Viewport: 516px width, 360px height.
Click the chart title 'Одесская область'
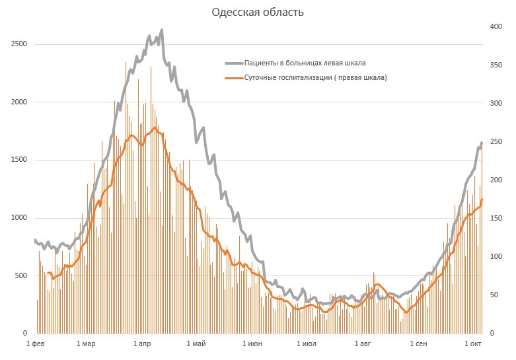click(x=258, y=13)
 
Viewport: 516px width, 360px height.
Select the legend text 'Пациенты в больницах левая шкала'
click(x=305, y=63)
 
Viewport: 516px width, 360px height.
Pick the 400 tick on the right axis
click(x=496, y=27)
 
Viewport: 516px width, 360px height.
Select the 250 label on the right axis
click(x=496, y=142)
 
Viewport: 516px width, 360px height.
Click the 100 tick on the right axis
click(x=496, y=257)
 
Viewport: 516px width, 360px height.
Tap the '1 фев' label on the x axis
click(x=34, y=344)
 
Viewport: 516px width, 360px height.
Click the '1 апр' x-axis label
click(x=144, y=344)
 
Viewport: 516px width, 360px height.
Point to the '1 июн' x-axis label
click(x=253, y=344)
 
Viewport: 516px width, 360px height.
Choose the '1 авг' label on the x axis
click(x=363, y=344)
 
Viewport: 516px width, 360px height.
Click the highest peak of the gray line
click(x=161, y=30)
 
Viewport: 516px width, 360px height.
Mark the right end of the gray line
click(x=482, y=142)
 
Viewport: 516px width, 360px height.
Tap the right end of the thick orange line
click(x=482, y=199)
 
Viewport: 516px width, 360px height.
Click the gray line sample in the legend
click(x=234, y=63)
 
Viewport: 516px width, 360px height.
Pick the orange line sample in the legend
click(x=234, y=77)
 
